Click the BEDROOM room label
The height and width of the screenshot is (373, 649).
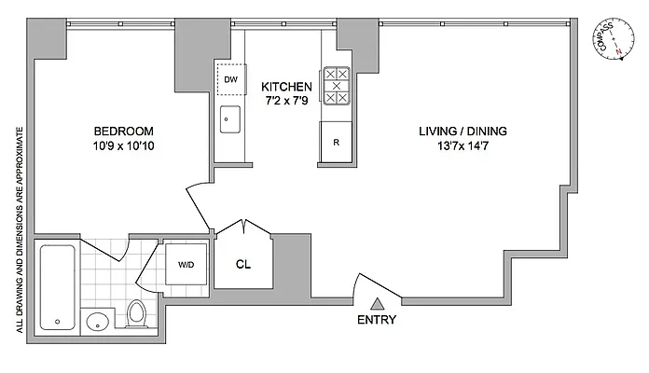[x=122, y=131]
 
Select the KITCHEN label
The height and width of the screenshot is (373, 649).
[x=286, y=86]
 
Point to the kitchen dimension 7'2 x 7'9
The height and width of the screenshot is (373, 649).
[x=286, y=101]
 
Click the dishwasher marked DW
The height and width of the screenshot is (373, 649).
[x=230, y=80]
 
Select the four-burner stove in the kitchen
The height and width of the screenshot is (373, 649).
[x=337, y=87]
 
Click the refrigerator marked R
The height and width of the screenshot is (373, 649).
[x=337, y=144]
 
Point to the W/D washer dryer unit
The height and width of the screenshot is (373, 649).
[x=186, y=264]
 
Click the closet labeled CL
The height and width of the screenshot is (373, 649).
[x=242, y=264]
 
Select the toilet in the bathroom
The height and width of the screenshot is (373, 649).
[x=136, y=312]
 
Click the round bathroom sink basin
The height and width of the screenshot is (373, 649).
[x=97, y=322]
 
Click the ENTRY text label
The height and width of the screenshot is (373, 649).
[x=377, y=320]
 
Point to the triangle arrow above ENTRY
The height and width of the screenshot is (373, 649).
[x=377, y=303]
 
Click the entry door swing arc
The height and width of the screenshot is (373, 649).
[x=378, y=281]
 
